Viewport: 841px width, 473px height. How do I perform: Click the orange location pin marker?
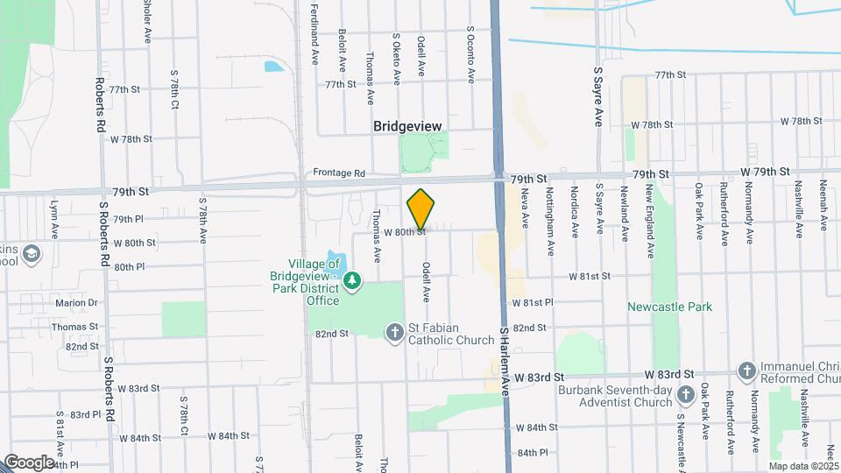click(421, 208)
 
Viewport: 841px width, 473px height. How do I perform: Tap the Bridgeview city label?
click(407, 126)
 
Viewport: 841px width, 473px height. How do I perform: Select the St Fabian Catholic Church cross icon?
click(395, 331)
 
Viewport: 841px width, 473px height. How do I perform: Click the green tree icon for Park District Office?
click(352, 280)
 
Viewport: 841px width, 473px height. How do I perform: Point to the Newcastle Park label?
click(669, 307)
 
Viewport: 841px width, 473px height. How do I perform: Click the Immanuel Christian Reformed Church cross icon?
click(746, 370)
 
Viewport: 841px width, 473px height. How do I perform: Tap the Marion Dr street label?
click(76, 303)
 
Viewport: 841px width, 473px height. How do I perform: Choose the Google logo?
click(28, 462)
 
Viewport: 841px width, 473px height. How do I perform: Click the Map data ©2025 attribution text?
click(804, 466)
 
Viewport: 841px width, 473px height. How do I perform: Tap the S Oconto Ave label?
click(470, 54)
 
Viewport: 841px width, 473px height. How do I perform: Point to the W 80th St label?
click(404, 232)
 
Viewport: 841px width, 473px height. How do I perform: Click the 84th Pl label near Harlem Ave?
click(532, 453)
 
